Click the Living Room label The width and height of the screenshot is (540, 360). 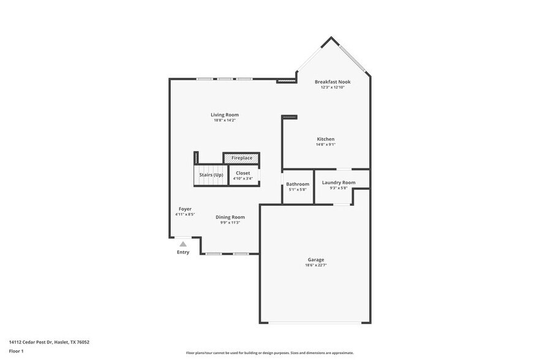[x=225, y=114]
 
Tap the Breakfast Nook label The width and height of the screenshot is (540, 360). [x=332, y=81]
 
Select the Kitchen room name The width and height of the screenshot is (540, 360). [x=325, y=139]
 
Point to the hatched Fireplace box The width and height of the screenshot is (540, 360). [x=241, y=158]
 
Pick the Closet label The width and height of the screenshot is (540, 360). [x=243, y=173]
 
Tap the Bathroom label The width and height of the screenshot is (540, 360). [x=298, y=184]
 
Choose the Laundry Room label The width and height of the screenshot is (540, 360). [x=339, y=182]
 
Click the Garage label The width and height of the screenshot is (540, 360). [x=316, y=260]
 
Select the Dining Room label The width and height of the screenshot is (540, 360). [x=230, y=217]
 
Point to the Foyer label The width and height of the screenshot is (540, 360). [x=185, y=209]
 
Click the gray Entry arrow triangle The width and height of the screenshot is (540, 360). [x=183, y=244]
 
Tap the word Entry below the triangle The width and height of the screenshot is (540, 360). [x=183, y=252]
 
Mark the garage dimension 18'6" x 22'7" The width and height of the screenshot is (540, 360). [x=316, y=265]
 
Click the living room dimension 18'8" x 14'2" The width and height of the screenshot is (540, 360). [x=225, y=120]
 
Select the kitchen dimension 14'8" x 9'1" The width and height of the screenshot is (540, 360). [x=325, y=145]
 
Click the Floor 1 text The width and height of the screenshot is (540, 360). [x=16, y=351]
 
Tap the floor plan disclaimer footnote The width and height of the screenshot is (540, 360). [x=269, y=353]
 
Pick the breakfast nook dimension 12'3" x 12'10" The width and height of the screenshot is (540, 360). [x=332, y=87]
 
